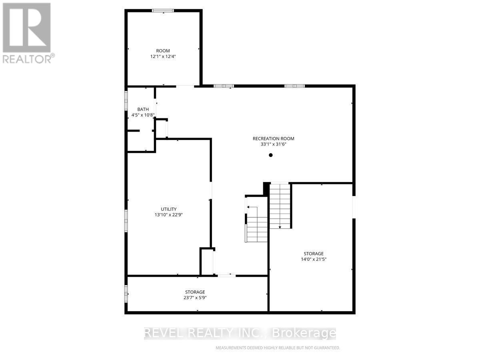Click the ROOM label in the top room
pos(163,51)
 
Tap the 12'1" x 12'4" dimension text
pos(163,57)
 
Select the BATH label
pos(143,109)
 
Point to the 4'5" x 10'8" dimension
pos(143,115)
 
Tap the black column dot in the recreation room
pos(271,155)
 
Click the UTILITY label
pos(169,209)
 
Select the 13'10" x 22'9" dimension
pos(169,215)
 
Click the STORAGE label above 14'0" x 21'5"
pos(313,254)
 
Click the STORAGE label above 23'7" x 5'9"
pos(195,292)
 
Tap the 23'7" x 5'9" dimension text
pos(195,298)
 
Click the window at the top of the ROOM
pos(164,11)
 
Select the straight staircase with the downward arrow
pos(280,206)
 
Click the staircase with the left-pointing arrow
pos(256,224)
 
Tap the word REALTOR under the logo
pos(26,59)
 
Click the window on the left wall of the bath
pos(126,100)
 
